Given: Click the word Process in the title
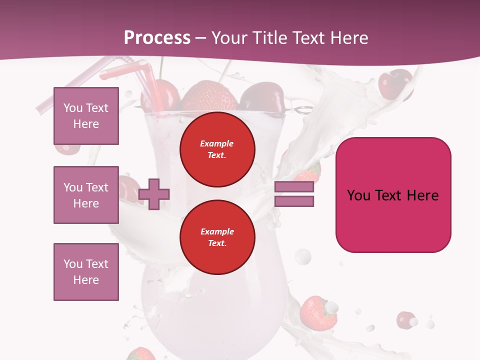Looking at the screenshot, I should pyautogui.click(x=157, y=38).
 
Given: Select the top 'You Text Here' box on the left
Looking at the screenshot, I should pyautogui.click(x=86, y=116).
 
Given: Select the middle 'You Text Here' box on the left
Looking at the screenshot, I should pyautogui.click(x=86, y=195).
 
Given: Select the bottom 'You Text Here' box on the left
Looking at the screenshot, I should pyautogui.click(x=86, y=272).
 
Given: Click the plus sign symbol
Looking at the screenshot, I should pyautogui.click(x=154, y=193).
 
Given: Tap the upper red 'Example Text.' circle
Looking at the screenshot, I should pyautogui.click(x=217, y=149).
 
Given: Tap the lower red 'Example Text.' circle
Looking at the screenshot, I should pyautogui.click(x=217, y=237).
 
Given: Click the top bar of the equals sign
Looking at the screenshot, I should pyautogui.click(x=294, y=187).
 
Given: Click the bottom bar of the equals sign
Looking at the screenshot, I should pyautogui.click(x=294, y=201).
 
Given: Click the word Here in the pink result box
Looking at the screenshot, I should pyautogui.click(x=422, y=195).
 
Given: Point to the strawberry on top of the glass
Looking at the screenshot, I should pyautogui.click(x=208, y=96).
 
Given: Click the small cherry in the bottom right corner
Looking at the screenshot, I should pyautogui.click(x=405, y=319).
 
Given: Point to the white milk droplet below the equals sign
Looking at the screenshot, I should pyautogui.click(x=302, y=257).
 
